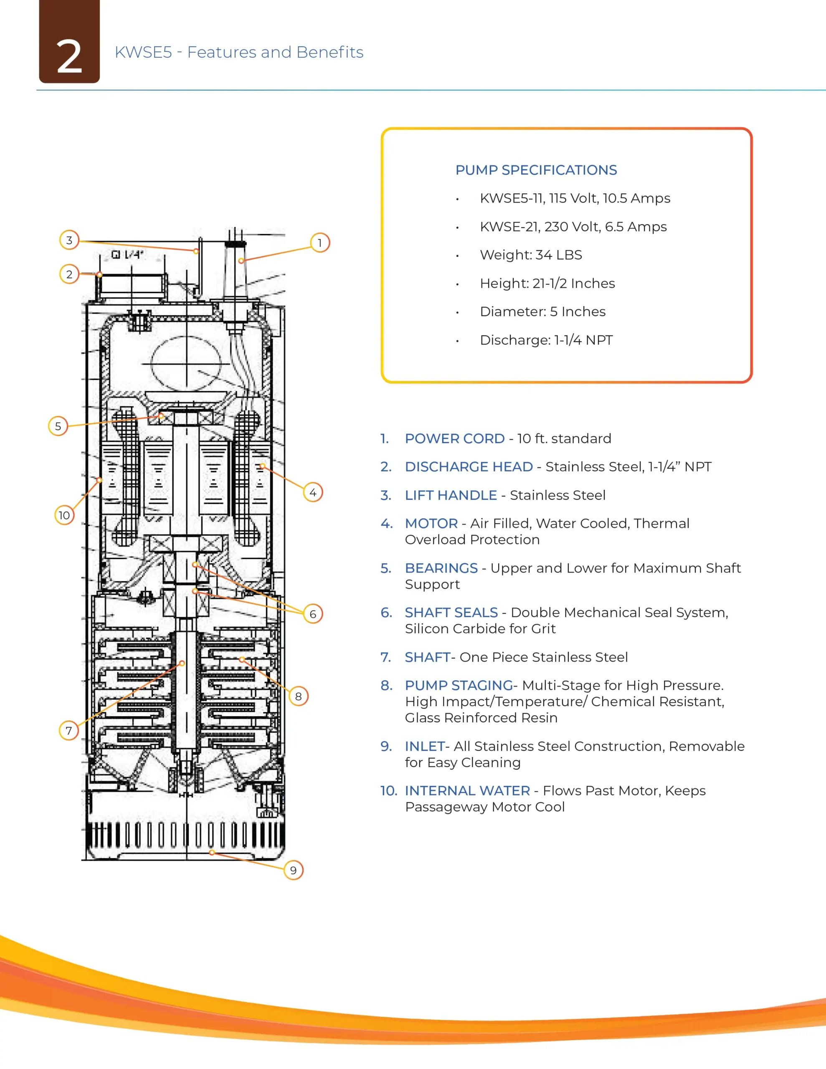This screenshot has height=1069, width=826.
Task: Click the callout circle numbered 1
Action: [x=320, y=243]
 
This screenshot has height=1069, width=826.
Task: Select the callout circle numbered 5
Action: [x=58, y=426]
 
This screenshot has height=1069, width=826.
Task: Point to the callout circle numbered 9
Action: [x=293, y=870]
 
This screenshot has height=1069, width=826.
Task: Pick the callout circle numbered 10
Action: [x=64, y=515]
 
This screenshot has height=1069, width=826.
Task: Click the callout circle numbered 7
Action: [x=68, y=731]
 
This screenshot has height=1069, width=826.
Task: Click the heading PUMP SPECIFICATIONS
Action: [x=536, y=170]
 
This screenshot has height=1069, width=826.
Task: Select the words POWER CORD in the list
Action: [x=454, y=438]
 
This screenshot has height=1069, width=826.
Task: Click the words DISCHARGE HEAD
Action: [x=469, y=467]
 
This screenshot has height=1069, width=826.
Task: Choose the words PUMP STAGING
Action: [x=458, y=685]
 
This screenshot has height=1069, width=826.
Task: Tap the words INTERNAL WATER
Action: [x=467, y=790]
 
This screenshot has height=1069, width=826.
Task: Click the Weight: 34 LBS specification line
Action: [x=531, y=255]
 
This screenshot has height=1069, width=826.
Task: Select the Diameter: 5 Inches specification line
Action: [x=542, y=312]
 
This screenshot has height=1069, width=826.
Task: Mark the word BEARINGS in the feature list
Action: [x=441, y=568]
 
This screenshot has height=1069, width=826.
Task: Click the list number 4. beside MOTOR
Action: [x=386, y=523]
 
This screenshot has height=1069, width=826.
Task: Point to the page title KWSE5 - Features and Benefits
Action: [x=239, y=52]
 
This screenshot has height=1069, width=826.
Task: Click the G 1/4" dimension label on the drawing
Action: [x=127, y=255]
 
